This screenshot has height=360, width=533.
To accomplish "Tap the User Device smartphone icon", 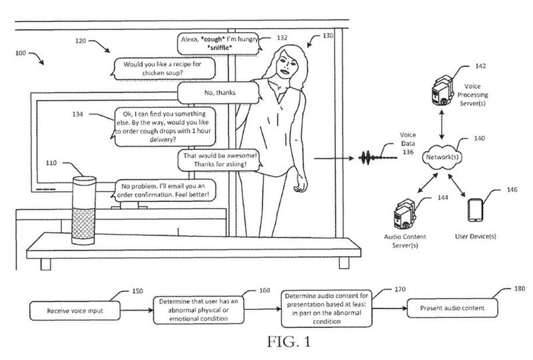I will click(474, 211).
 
